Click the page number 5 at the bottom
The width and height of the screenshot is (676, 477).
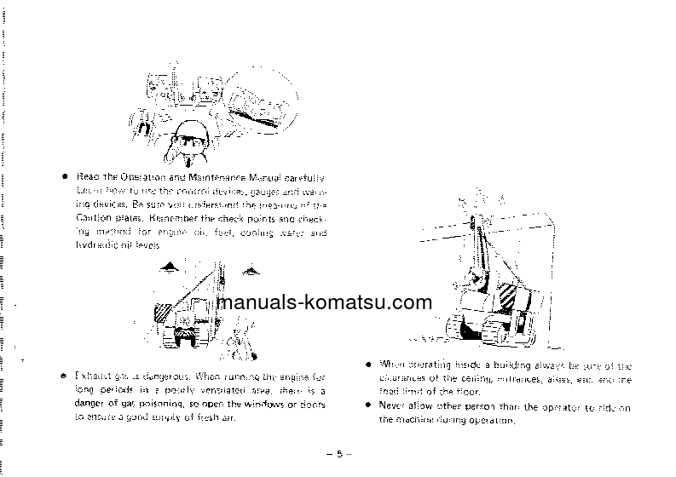coord(338,454)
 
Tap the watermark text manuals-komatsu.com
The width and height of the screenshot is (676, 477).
coord(325,302)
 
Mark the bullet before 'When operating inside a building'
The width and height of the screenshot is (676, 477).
coord(367,365)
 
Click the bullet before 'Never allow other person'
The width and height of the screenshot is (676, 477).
coord(367,407)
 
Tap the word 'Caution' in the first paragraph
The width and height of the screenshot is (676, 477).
coord(94,218)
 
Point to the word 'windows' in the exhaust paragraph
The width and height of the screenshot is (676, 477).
coord(263,405)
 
